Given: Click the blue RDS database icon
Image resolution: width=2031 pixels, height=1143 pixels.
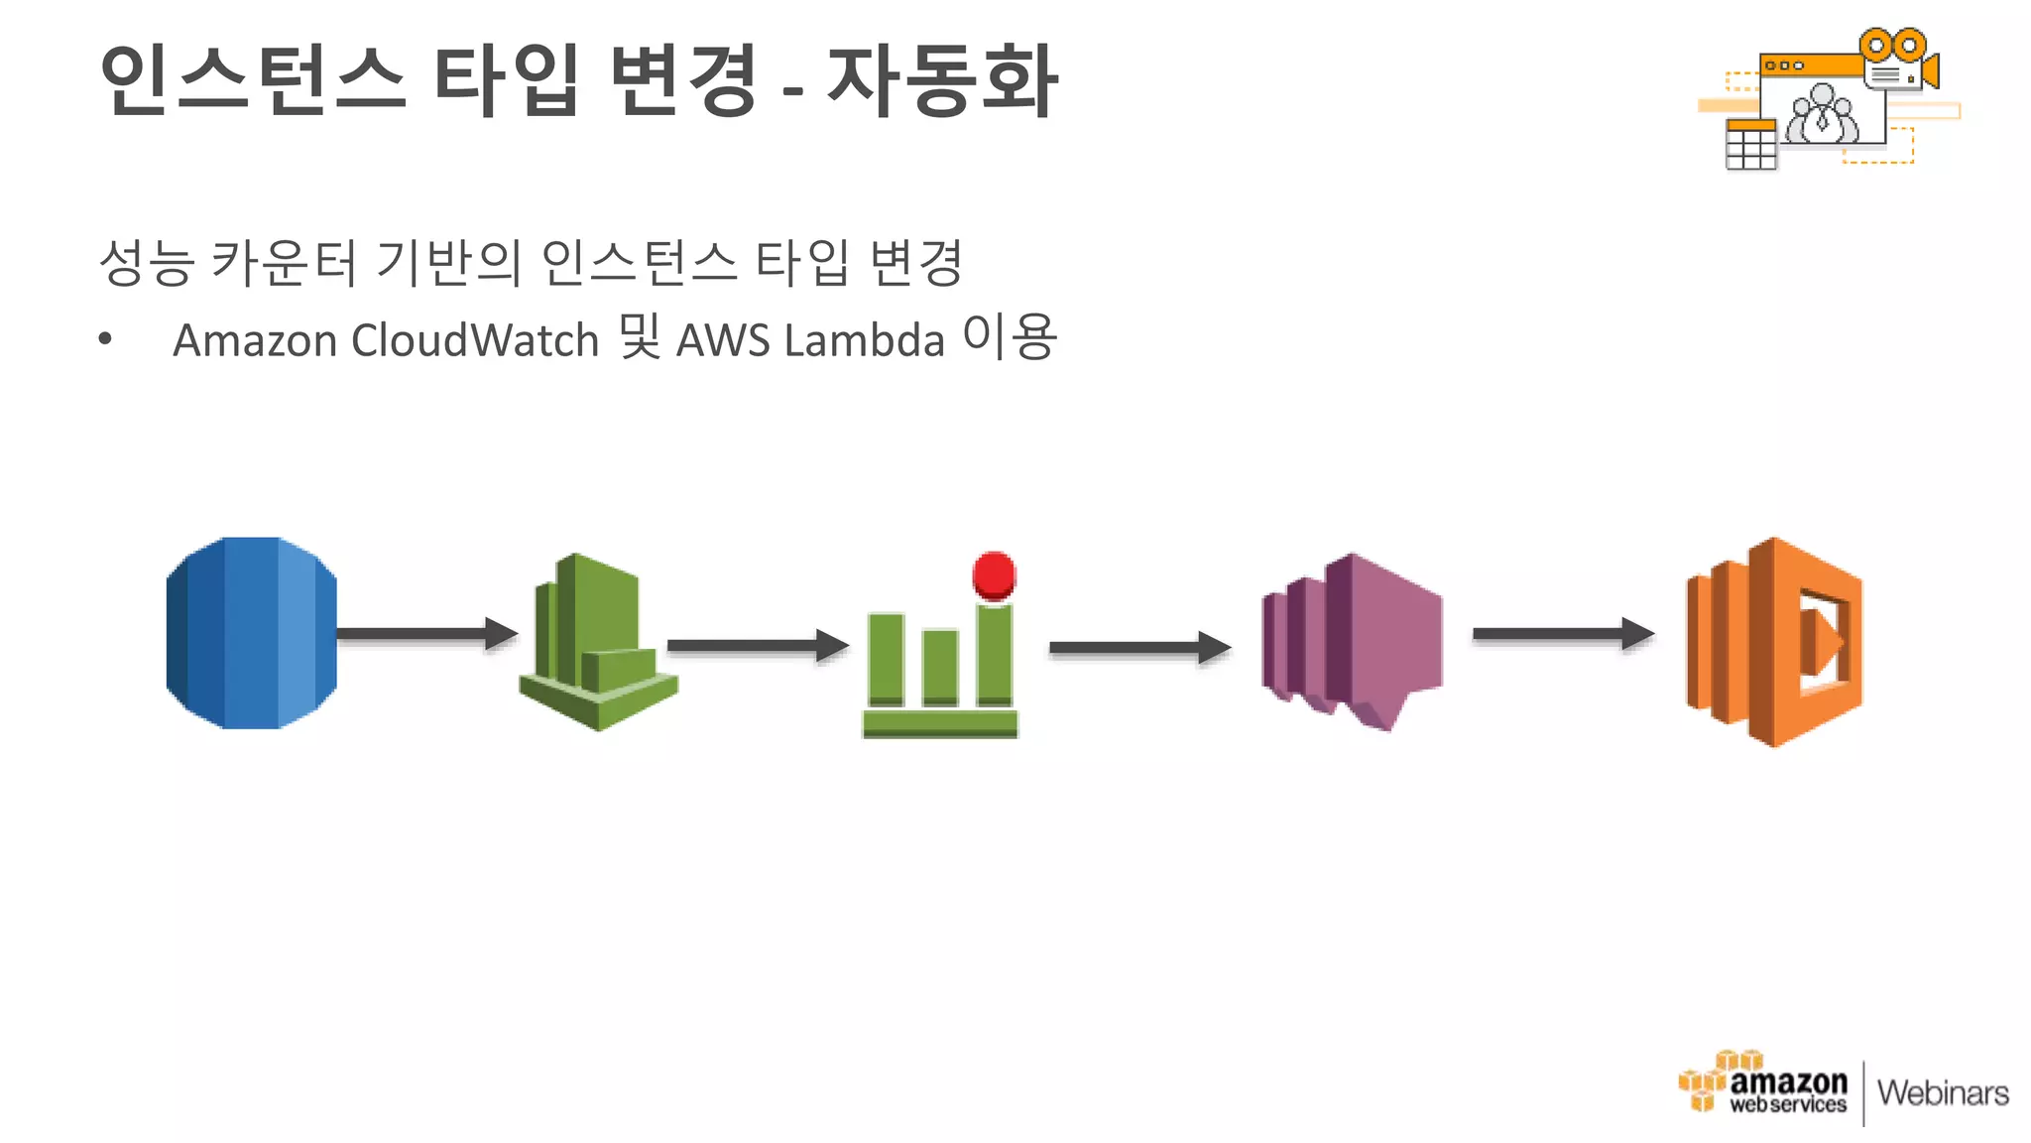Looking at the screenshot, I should (251, 633).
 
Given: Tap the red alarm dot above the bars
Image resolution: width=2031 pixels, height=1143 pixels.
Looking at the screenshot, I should (994, 574).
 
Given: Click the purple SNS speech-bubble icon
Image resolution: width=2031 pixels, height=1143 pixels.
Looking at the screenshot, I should (1352, 641).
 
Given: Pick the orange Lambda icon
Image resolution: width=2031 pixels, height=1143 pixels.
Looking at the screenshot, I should (1774, 641).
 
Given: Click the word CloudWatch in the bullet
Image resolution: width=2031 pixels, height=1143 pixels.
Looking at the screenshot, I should (475, 340).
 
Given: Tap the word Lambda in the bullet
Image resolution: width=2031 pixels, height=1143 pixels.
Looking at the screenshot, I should (864, 340).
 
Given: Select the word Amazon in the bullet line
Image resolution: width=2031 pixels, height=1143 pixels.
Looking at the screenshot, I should (255, 340).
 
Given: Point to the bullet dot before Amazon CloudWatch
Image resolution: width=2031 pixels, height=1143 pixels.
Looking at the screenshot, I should (105, 340).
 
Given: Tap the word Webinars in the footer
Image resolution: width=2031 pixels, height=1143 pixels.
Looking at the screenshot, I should (1943, 1093).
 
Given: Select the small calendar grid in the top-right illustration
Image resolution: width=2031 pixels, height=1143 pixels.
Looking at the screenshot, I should (1750, 145).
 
